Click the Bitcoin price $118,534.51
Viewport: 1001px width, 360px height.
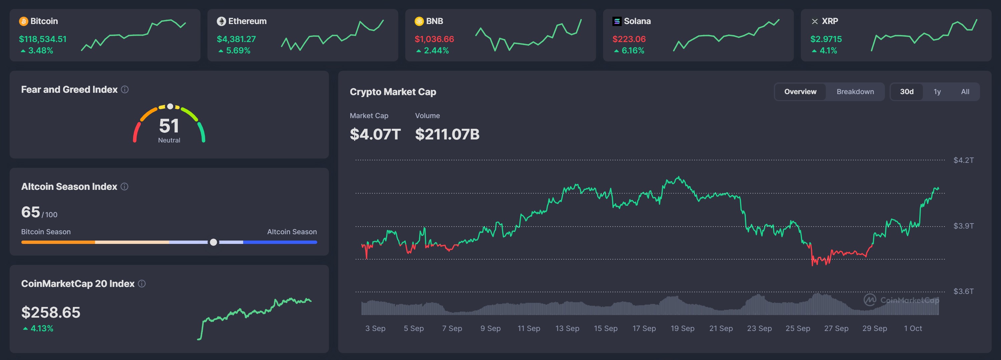pos(43,39)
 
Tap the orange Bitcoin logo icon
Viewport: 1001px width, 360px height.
pos(23,21)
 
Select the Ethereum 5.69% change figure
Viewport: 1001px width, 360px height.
pos(238,50)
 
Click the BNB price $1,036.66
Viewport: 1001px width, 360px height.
pos(434,39)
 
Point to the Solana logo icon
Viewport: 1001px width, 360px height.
pos(617,21)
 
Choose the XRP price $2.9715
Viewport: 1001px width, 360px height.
pos(826,39)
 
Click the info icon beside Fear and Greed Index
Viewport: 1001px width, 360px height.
pos(125,90)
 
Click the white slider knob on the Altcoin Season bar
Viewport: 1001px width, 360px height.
pos(213,242)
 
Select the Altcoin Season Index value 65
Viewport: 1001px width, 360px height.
pos(31,212)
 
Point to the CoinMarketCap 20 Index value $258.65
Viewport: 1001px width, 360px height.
pos(51,313)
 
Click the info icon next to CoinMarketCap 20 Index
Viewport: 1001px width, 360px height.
pos(142,284)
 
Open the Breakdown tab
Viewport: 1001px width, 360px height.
pos(855,92)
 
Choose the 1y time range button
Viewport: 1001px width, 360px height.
pos(937,92)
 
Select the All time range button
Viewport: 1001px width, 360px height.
pos(965,92)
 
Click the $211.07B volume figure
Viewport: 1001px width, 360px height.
pos(447,134)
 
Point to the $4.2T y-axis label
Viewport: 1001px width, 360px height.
pos(963,160)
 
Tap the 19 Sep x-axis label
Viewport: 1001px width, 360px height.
pos(682,329)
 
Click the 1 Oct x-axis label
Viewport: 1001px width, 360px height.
pos(913,329)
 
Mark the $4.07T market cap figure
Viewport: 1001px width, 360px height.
pos(375,134)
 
